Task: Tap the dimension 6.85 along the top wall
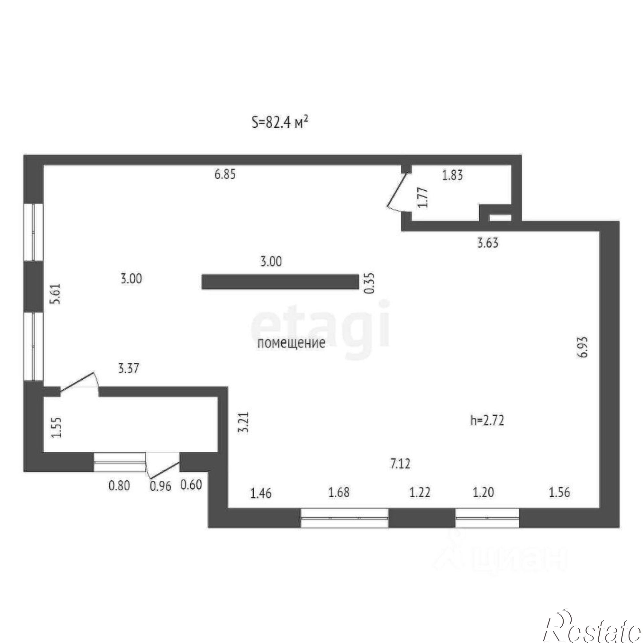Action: [225, 174]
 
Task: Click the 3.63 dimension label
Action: [488, 243]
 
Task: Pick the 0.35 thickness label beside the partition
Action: [369, 283]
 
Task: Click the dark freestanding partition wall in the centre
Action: [280, 282]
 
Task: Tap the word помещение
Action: [291, 343]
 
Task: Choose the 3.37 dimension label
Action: [129, 368]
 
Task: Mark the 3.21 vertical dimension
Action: [244, 422]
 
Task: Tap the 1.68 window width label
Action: [339, 492]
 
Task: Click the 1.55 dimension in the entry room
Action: [57, 427]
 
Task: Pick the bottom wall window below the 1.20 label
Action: [487, 518]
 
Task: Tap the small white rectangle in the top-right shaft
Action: [500, 218]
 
